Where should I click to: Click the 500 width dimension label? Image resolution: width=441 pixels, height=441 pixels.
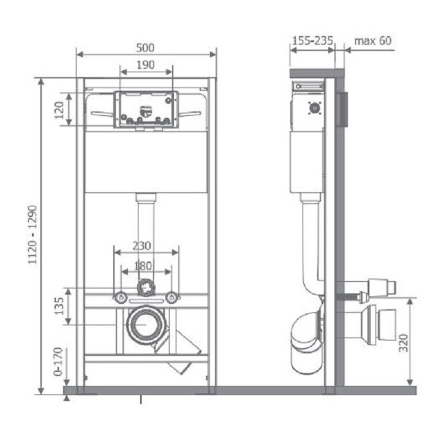[x=145, y=48]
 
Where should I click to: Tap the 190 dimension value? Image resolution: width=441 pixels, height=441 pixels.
[x=145, y=65]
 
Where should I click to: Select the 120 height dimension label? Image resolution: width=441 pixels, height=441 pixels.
[x=59, y=110]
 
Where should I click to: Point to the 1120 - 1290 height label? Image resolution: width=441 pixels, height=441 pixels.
[x=32, y=235]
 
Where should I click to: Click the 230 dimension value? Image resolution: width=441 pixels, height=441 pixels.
[x=141, y=246]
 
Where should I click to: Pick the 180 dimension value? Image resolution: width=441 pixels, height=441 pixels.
[x=143, y=266]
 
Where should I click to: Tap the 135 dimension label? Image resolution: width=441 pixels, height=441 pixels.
[x=59, y=306]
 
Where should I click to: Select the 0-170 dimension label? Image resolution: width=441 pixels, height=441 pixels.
[x=58, y=362]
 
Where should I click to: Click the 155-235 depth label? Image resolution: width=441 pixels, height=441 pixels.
[x=312, y=41]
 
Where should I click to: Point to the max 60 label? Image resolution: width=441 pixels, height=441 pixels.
[x=372, y=41]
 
